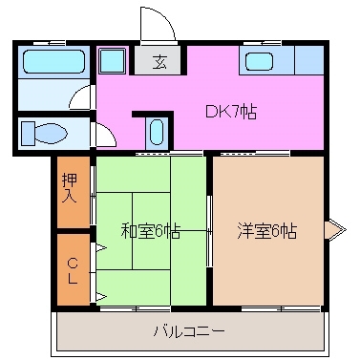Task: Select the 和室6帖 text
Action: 151,230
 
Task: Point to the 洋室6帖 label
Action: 266,230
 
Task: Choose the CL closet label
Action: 71,269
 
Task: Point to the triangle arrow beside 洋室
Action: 335,230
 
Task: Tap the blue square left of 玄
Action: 112,62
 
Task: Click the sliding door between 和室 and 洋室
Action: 209,230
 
